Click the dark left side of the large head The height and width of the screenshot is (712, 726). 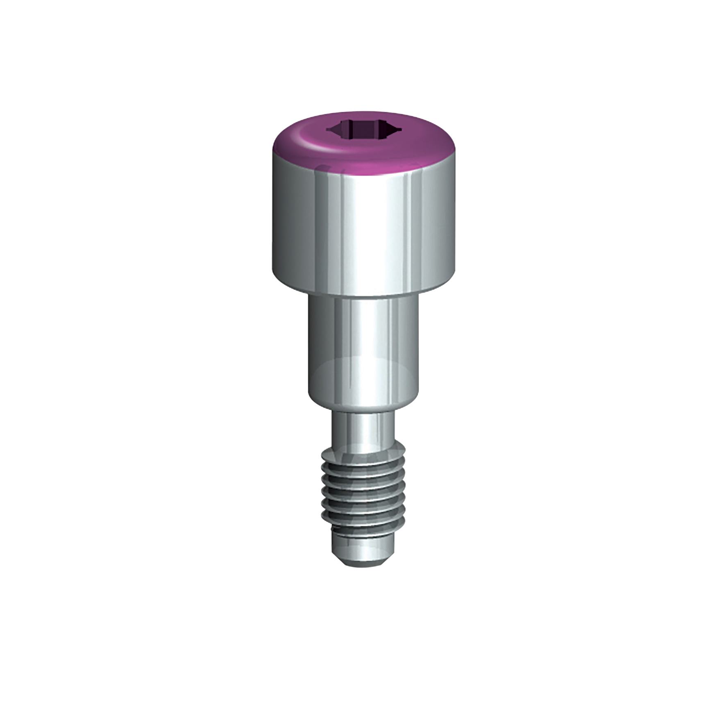pyautogui.click(x=283, y=221)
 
